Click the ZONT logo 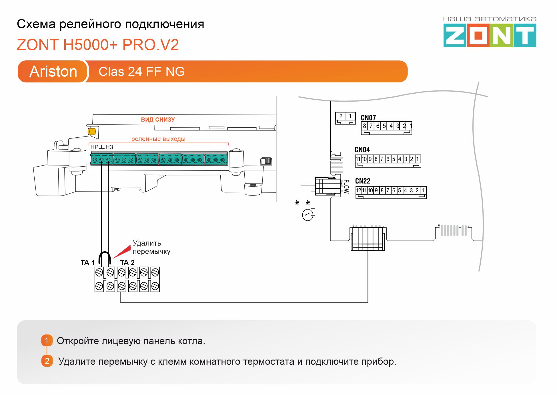click(490, 35)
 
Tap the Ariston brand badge click(53, 71)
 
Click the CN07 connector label click(368, 118)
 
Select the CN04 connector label click(362, 150)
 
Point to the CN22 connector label click(362, 181)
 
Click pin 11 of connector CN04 click(358, 159)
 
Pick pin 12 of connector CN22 click(358, 190)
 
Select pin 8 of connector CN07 click(364, 126)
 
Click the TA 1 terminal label click(87, 262)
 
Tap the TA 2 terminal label click(127, 262)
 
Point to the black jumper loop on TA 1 click(105, 256)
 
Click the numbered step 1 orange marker click(47, 340)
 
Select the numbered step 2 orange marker click(47, 361)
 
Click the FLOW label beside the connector click(346, 186)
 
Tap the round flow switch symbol click(308, 215)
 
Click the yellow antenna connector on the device click(91, 131)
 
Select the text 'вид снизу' click(158, 120)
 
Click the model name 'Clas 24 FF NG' click(141, 72)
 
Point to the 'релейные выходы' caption click(158, 139)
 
